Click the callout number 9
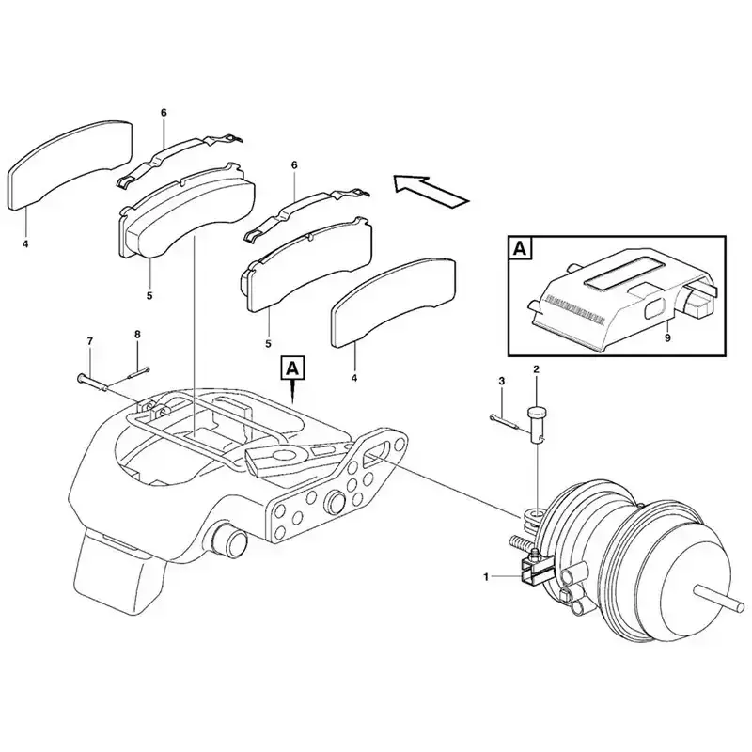tap(667, 338)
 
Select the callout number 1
tap(486, 577)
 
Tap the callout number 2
tap(536, 369)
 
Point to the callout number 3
tap(502, 382)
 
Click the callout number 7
tap(89, 341)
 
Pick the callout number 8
tap(137, 335)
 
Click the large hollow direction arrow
tap(430, 191)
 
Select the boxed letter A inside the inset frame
tap(520, 249)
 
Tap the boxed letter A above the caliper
tap(291, 368)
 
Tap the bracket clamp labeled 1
tap(534, 570)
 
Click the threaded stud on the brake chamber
tap(522, 545)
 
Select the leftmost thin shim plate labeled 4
tap(70, 164)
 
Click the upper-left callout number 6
tap(164, 113)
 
